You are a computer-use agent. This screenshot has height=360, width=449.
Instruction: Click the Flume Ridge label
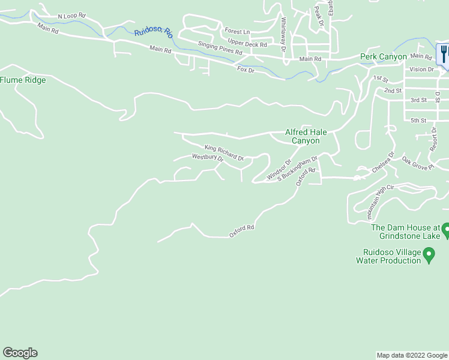click(x=23, y=80)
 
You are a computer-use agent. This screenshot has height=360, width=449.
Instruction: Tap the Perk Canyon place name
click(x=383, y=57)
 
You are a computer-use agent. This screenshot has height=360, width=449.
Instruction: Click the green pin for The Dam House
click(x=446, y=229)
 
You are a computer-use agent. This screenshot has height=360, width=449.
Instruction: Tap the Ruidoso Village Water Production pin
click(x=429, y=256)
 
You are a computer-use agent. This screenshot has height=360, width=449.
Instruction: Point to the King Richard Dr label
click(x=223, y=152)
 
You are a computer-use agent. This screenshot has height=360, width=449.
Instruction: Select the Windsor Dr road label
click(x=279, y=169)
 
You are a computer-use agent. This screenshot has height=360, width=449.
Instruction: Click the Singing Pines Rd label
click(x=220, y=49)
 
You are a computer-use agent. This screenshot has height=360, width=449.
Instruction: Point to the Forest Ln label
click(x=237, y=31)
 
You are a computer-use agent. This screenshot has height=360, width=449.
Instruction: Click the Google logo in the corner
click(x=20, y=353)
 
